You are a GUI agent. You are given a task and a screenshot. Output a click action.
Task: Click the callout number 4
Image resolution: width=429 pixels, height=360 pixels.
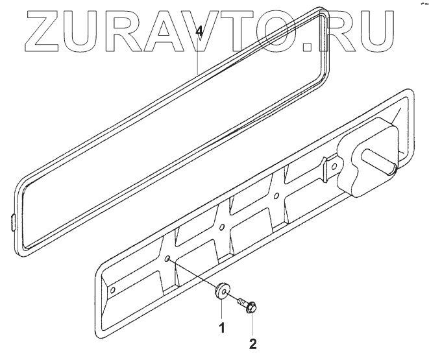[x=201, y=30]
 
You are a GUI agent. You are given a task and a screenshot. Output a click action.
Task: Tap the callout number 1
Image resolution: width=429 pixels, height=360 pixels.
[x=221, y=328]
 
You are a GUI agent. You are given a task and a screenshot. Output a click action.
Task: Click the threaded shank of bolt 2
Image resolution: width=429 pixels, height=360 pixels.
[x=242, y=301]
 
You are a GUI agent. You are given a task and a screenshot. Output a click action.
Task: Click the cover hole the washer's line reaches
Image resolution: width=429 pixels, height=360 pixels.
[x=167, y=258]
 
